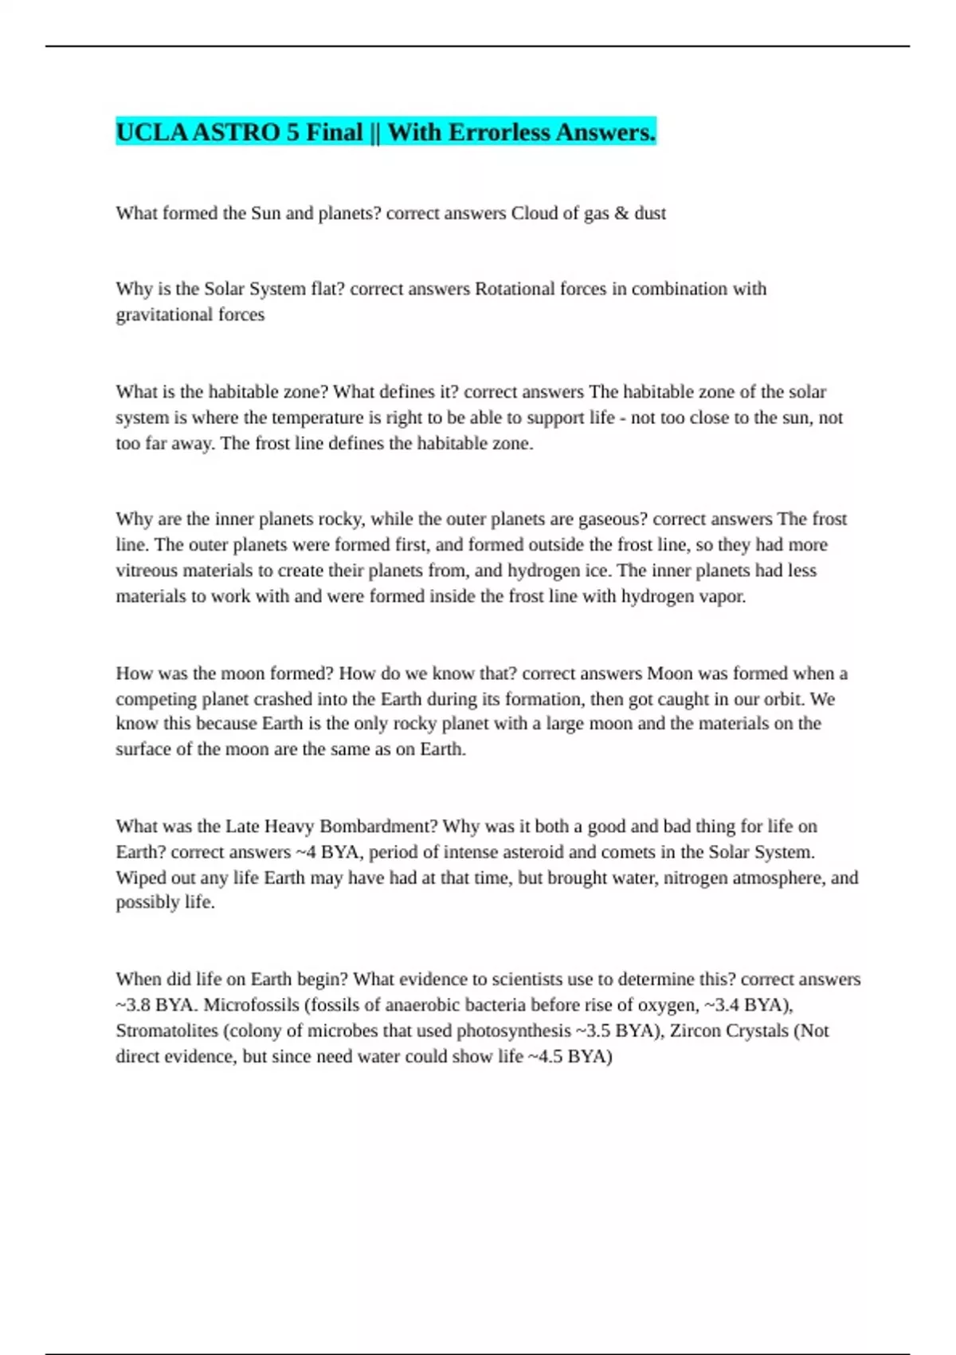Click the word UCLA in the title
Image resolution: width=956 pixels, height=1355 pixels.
pos(151,132)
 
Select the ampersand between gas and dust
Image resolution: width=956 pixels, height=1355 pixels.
pos(621,214)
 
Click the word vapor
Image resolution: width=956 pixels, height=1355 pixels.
pos(722,596)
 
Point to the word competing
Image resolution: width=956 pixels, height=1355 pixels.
pos(155,699)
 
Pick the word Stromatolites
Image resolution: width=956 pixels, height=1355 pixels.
pos(167,1031)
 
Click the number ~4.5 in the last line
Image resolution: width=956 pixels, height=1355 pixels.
pos(545,1057)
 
